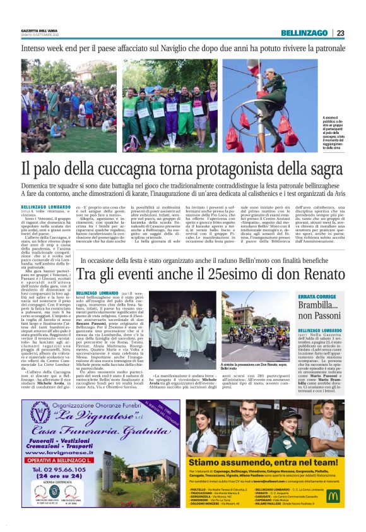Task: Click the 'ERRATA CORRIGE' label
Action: tap(331, 297)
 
